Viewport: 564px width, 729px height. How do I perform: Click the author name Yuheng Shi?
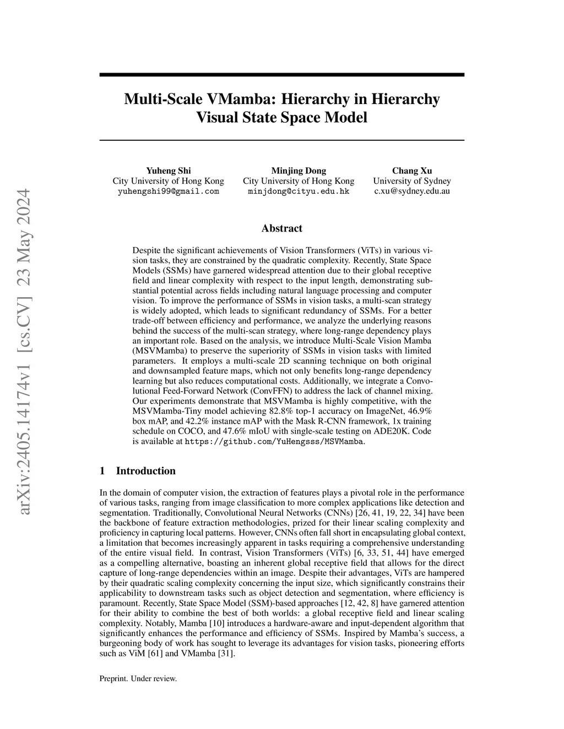tap(168, 171)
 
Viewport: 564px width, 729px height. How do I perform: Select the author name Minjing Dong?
tap(299, 171)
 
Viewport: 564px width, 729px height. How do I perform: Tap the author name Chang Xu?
tap(412, 171)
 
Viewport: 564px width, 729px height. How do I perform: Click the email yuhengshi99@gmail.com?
tap(168, 191)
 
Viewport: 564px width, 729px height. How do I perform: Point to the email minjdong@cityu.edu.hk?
tap(299, 191)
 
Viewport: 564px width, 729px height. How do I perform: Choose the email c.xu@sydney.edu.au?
tap(412, 191)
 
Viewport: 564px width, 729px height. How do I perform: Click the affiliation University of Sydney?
tap(412, 181)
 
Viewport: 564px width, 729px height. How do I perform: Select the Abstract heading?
tap(281, 228)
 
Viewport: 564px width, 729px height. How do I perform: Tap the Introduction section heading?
tap(145, 471)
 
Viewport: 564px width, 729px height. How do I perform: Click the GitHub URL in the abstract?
tap(274, 442)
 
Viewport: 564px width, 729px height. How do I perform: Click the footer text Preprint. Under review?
tap(138, 679)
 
